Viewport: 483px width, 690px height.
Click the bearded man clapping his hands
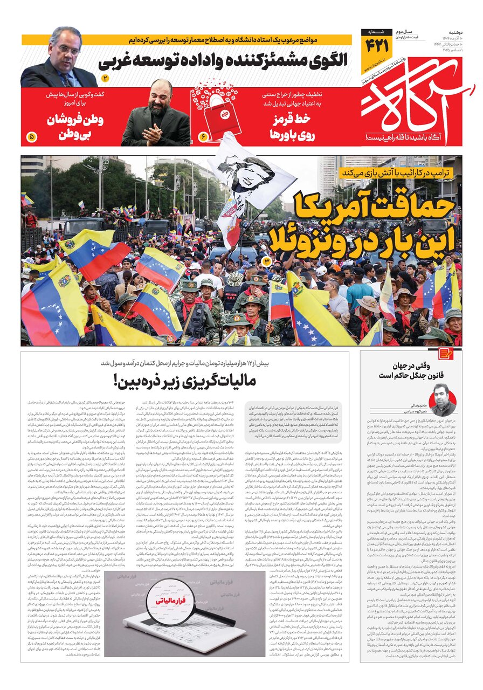pyautogui.click(x=156, y=116)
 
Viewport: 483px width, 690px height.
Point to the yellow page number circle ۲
pyautogui.click(x=105, y=79)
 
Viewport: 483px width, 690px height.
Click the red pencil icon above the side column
pyautogui.click(x=445, y=354)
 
